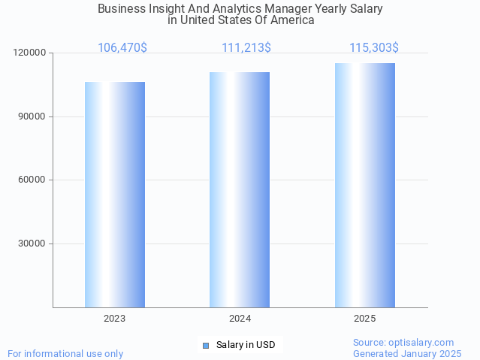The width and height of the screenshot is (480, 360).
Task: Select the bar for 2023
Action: coord(115,195)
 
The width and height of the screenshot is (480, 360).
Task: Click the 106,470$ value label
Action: coord(122,48)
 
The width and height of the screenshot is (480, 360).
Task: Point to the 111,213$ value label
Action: coord(246,48)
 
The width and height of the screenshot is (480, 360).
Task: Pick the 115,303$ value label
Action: coord(374,48)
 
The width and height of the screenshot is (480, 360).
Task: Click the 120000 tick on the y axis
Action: coord(29,53)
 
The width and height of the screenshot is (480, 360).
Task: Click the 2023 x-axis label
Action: coord(115,319)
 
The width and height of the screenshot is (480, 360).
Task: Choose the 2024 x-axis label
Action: coord(240,319)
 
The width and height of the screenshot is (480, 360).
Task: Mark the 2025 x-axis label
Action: coord(365,319)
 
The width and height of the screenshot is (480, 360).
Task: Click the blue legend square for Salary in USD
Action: coord(205,346)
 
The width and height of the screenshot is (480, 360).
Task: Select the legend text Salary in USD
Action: coord(246,346)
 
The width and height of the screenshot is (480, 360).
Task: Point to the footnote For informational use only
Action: coord(65,353)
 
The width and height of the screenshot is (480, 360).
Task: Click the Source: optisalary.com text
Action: coord(403,343)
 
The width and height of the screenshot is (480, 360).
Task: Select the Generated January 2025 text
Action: coord(407,353)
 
